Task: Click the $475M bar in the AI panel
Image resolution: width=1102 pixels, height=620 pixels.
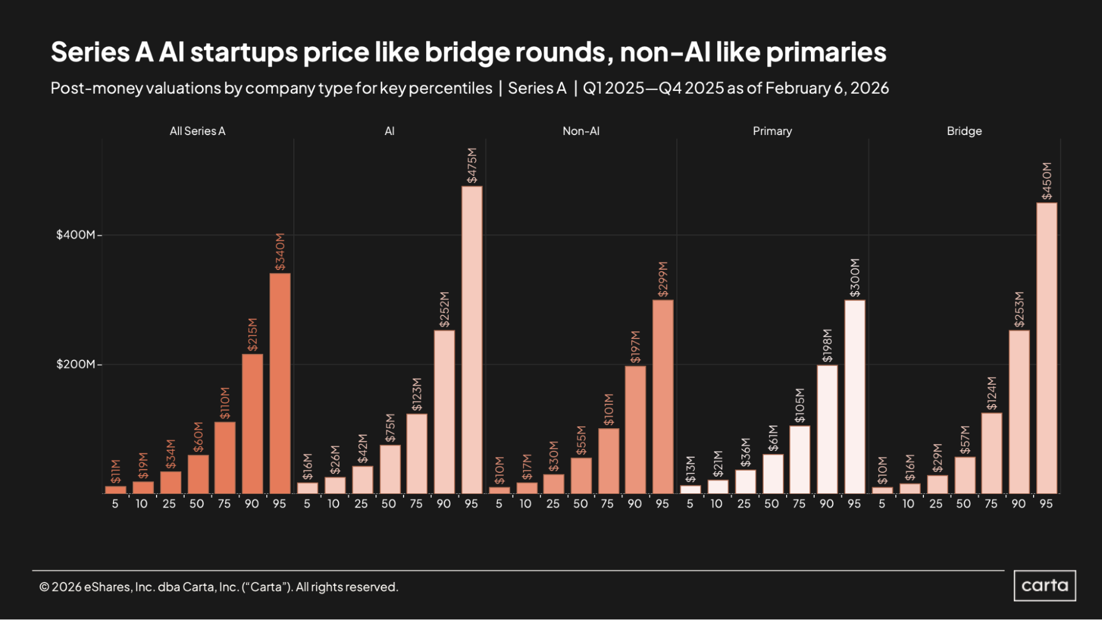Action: (471, 339)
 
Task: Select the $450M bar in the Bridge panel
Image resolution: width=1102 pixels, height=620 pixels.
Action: (1046, 348)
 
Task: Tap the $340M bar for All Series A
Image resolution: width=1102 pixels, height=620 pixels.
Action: (279, 383)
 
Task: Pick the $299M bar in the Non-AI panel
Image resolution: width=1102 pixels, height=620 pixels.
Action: (663, 396)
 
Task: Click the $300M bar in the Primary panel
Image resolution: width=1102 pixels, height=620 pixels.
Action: (854, 396)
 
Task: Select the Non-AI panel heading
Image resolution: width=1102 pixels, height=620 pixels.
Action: (580, 131)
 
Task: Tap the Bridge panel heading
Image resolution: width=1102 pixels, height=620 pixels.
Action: (964, 131)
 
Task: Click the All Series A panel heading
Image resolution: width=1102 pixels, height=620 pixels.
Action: (197, 131)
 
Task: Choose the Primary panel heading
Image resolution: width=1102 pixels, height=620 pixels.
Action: (772, 131)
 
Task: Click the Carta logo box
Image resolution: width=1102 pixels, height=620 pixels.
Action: (1045, 585)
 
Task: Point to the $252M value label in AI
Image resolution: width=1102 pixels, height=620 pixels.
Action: (444, 310)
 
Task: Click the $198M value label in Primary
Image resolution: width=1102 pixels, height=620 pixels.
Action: (827, 346)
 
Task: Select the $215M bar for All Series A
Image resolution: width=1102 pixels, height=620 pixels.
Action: (252, 423)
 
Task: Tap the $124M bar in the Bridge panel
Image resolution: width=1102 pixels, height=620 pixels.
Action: (991, 453)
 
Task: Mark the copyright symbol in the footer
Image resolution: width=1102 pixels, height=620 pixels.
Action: (44, 587)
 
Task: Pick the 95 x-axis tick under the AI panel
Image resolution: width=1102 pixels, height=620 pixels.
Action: (471, 504)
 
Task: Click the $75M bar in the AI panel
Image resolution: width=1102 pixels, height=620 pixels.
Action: (390, 469)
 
